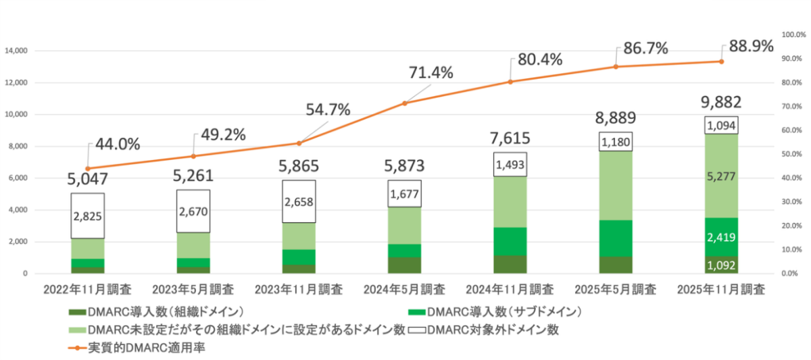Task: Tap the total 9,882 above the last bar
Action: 720,103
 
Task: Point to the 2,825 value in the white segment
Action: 87,216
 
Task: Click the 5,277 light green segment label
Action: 720,177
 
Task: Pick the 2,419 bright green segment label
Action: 720,237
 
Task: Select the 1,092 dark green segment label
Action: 720,265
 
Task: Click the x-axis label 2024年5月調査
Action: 404,290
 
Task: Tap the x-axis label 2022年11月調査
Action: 88,290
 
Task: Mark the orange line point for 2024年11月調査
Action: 510,82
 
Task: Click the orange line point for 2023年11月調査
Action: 299,143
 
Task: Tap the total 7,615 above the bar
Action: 510,138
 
